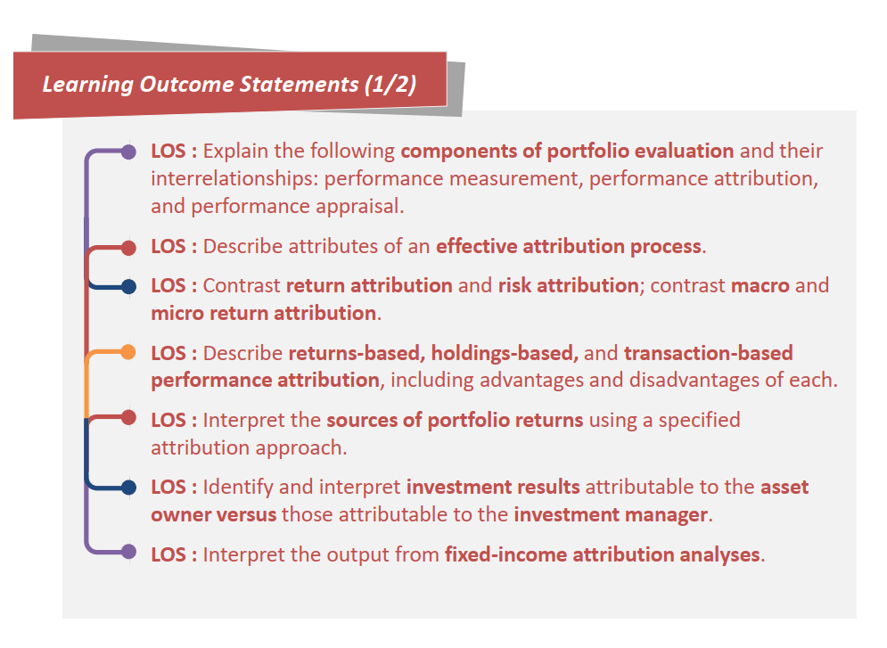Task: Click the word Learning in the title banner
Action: click(x=87, y=85)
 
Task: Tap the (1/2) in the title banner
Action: click(x=390, y=85)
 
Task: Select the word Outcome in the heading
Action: click(x=186, y=85)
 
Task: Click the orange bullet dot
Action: click(x=128, y=352)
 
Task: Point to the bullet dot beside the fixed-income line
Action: click(x=128, y=552)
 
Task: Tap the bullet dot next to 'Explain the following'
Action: click(x=128, y=152)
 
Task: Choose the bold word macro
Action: click(x=760, y=285)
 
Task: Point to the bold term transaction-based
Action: click(x=708, y=353)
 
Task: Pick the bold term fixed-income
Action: click(x=505, y=554)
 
